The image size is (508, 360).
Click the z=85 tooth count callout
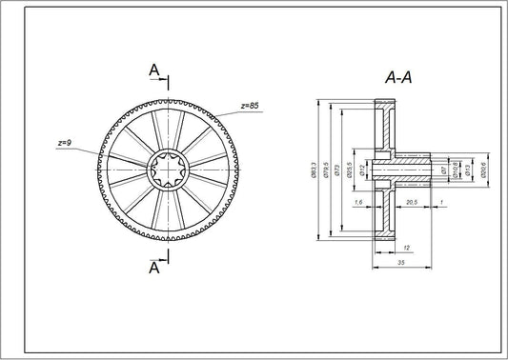(249, 104)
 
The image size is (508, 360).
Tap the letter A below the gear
(152, 269)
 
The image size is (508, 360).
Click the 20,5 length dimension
(412, 203)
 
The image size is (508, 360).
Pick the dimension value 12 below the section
(377, 246)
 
